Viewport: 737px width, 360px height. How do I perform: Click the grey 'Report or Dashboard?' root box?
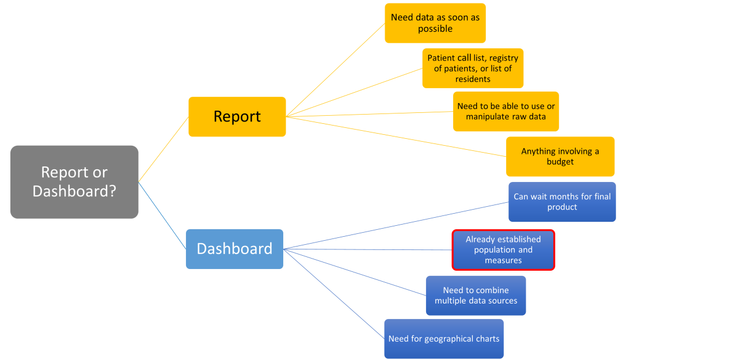click(x=74, y=181)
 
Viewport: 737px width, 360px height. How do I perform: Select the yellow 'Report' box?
click(x=237, y=116)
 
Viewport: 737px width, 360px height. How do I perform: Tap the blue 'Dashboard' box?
click(x=234, y=249)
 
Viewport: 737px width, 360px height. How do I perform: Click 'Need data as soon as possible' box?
click(x=435, y=23)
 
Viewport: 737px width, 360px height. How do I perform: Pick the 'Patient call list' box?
click(x=473, y=68)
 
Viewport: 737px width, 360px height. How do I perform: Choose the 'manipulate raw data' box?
click(x=506, y=111)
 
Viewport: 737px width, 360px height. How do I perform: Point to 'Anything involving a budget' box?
click(x=560, y=156)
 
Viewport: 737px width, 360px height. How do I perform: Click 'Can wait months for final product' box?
click(x=562, y=202)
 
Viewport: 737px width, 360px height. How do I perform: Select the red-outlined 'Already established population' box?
click(x=503, y=249)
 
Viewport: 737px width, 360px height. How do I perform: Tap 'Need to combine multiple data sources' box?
click(x=476, y=295)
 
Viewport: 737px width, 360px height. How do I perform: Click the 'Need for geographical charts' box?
click(x=443, y=339)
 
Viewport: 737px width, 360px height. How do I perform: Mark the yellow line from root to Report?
click(x=164, y=149)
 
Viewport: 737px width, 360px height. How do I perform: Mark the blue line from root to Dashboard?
click(x=162, y=216)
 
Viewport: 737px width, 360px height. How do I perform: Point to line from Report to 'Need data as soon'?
click(x=335, y=70)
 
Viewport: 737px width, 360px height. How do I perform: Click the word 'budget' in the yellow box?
click(x=560, y=162)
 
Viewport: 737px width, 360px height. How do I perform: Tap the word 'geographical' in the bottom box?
click(x=449, y=339)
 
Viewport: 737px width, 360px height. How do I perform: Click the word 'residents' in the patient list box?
click(x=473, y=79)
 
